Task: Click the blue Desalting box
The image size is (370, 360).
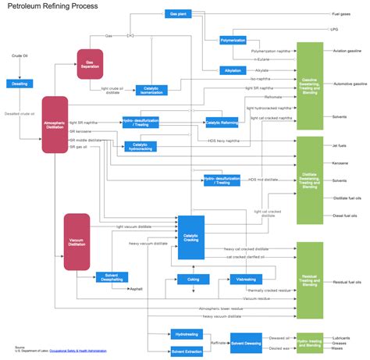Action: click(x=20, y=84)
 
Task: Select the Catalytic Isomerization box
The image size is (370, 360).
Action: click(x=151, y=91)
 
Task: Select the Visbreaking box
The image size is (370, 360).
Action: click(x=247, y=279)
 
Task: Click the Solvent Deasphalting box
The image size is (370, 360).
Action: click(x=112, y=276)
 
